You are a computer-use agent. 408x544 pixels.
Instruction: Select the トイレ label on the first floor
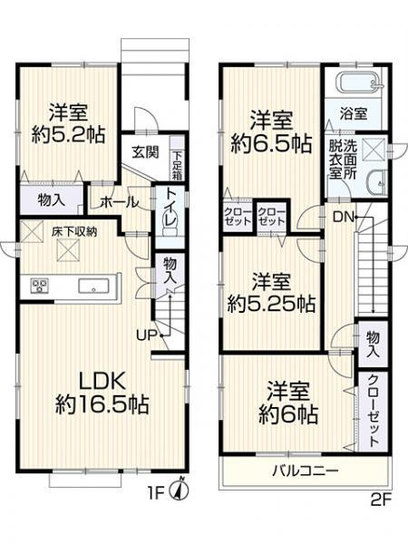click(170, 210)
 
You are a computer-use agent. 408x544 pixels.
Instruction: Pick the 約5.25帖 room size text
click(272, 304)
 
